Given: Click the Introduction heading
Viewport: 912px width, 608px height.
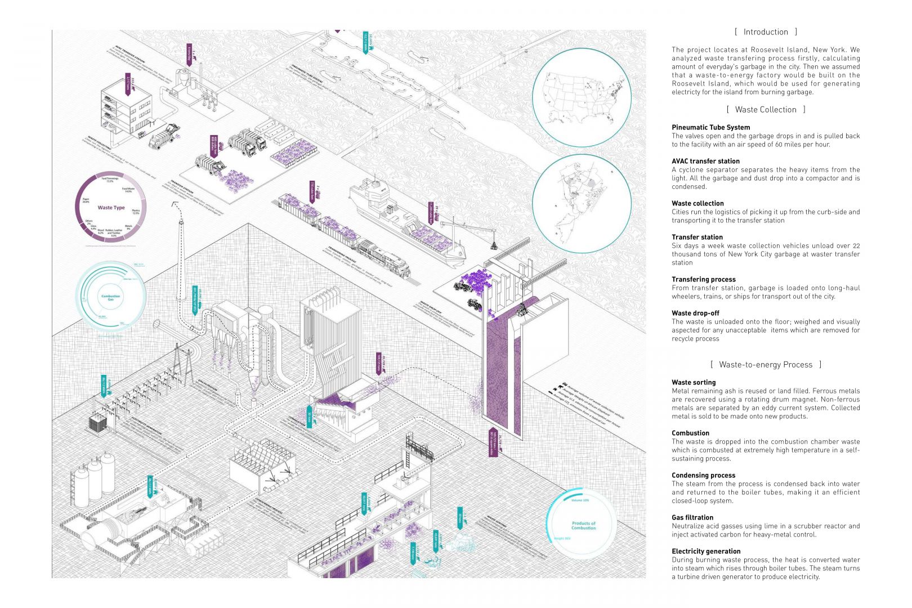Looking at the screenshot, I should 766,32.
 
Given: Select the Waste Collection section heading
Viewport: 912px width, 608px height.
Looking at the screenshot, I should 766,110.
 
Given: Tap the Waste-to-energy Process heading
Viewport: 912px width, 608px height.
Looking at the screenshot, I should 766,365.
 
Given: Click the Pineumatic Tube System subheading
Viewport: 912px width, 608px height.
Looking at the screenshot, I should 710,127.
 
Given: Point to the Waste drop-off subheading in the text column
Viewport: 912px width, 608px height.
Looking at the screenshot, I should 695,313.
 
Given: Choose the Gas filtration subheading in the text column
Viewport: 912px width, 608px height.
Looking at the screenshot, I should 692,517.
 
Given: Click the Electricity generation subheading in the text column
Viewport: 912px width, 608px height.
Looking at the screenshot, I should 706,551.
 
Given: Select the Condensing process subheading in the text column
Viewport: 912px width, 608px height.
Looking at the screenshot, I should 703,475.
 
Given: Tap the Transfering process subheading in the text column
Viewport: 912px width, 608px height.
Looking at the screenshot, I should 703,279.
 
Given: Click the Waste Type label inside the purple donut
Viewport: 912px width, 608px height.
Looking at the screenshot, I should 111,208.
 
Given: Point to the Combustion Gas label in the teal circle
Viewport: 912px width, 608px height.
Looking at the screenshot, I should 110,297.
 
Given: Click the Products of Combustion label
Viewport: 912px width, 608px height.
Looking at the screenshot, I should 583,525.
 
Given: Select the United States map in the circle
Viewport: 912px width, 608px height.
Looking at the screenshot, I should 581,97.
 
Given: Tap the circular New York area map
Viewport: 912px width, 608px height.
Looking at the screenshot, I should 581,204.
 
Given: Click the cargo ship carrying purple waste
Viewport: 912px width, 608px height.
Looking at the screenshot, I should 405,220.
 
